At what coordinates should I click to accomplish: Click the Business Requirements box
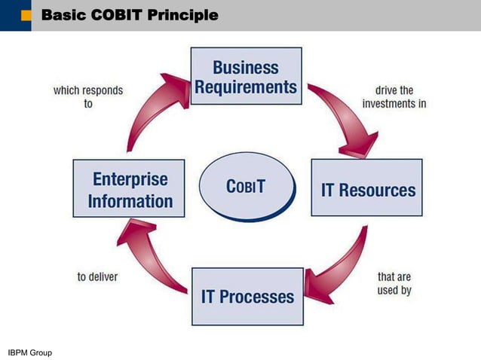246,76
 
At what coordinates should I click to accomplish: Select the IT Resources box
367,188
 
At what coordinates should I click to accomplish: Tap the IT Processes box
247,295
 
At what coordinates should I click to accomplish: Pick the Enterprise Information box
128,190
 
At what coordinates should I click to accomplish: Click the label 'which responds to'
88,97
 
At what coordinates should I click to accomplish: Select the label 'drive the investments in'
394,97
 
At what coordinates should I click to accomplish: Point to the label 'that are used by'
394,283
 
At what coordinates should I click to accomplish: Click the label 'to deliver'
97,276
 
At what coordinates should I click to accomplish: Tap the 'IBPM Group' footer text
30,352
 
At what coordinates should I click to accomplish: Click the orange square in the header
26,14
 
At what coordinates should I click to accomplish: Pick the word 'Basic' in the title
63,14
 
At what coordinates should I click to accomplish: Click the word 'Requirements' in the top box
246,87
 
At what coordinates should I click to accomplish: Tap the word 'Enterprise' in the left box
130,179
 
